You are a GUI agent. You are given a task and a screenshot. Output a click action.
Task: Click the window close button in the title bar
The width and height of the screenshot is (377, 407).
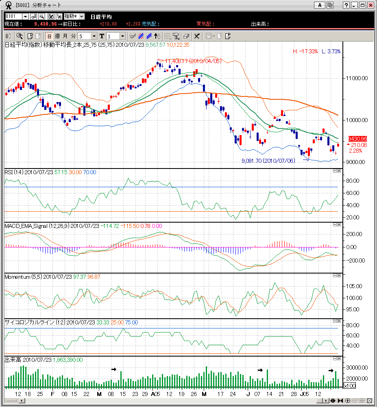click(370, 5)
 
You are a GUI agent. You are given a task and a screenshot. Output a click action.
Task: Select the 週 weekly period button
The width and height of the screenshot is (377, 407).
click(57, 36)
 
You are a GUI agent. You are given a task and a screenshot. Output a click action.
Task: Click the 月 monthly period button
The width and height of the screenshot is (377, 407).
click(65, 36)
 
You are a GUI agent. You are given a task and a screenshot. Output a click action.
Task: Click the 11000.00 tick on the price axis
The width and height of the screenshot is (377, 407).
click(357, 78)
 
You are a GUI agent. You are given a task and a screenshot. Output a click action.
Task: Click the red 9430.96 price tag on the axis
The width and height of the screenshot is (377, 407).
click(357, 139)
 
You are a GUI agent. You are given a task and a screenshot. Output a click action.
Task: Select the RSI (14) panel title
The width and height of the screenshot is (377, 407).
click(14, 172)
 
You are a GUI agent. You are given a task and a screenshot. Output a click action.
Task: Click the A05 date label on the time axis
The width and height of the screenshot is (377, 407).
click(155, 394)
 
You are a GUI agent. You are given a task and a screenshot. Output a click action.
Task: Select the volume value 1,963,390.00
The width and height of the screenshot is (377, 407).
click(68, 360)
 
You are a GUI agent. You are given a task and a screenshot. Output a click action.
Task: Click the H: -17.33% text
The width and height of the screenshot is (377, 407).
click(306, 51)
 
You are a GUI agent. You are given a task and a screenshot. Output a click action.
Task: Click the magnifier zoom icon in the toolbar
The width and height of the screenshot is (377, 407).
click(19, 36)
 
